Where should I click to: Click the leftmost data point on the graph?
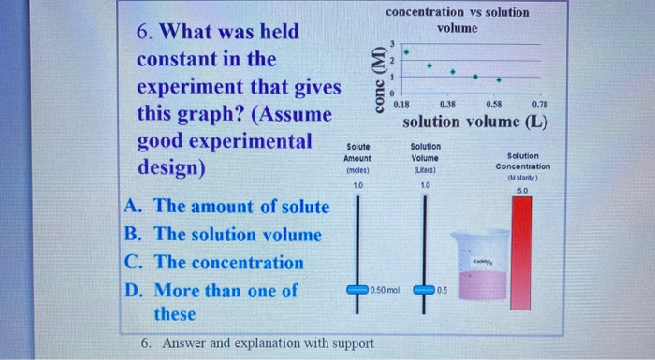pos(406,53)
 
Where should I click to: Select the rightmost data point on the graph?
pos(498,80)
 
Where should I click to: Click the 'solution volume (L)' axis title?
pos(474,122)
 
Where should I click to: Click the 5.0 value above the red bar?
pos(522,191)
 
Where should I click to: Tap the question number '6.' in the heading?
pos(146,32)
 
